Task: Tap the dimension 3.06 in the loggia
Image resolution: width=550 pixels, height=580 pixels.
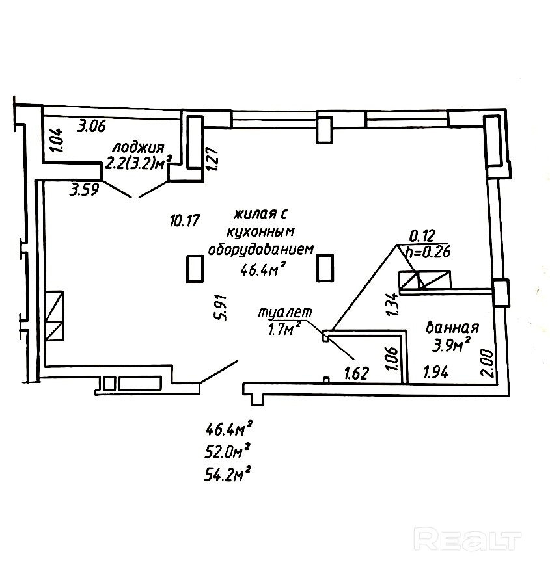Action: click(x=92, y=126)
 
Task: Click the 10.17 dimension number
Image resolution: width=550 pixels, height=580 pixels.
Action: click(x=184, y=220)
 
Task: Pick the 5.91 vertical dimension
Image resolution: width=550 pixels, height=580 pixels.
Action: click(x=222, y=308)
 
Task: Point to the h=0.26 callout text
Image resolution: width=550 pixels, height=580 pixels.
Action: click(x=428, y=252)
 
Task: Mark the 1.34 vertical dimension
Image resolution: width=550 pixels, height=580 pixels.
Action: click(x=391, y=304)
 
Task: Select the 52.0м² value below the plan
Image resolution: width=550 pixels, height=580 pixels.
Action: click(x=228, y=451)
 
